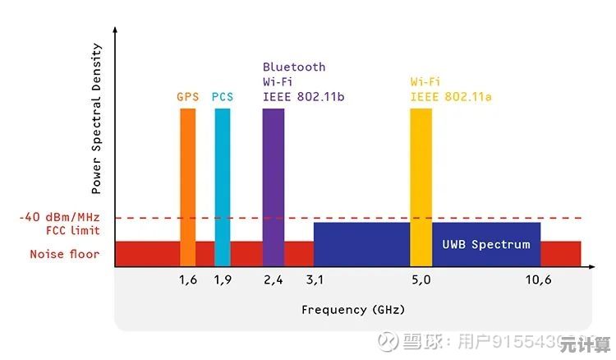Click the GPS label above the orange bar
188,97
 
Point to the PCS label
223,97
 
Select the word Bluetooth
294,67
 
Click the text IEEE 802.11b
303,97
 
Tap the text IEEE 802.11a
451,97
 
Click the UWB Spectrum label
486,244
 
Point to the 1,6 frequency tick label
188,279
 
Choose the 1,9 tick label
223,279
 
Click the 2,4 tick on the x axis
274,279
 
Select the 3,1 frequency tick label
315,279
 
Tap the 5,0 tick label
421,279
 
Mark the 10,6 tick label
538,279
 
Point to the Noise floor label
65,254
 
